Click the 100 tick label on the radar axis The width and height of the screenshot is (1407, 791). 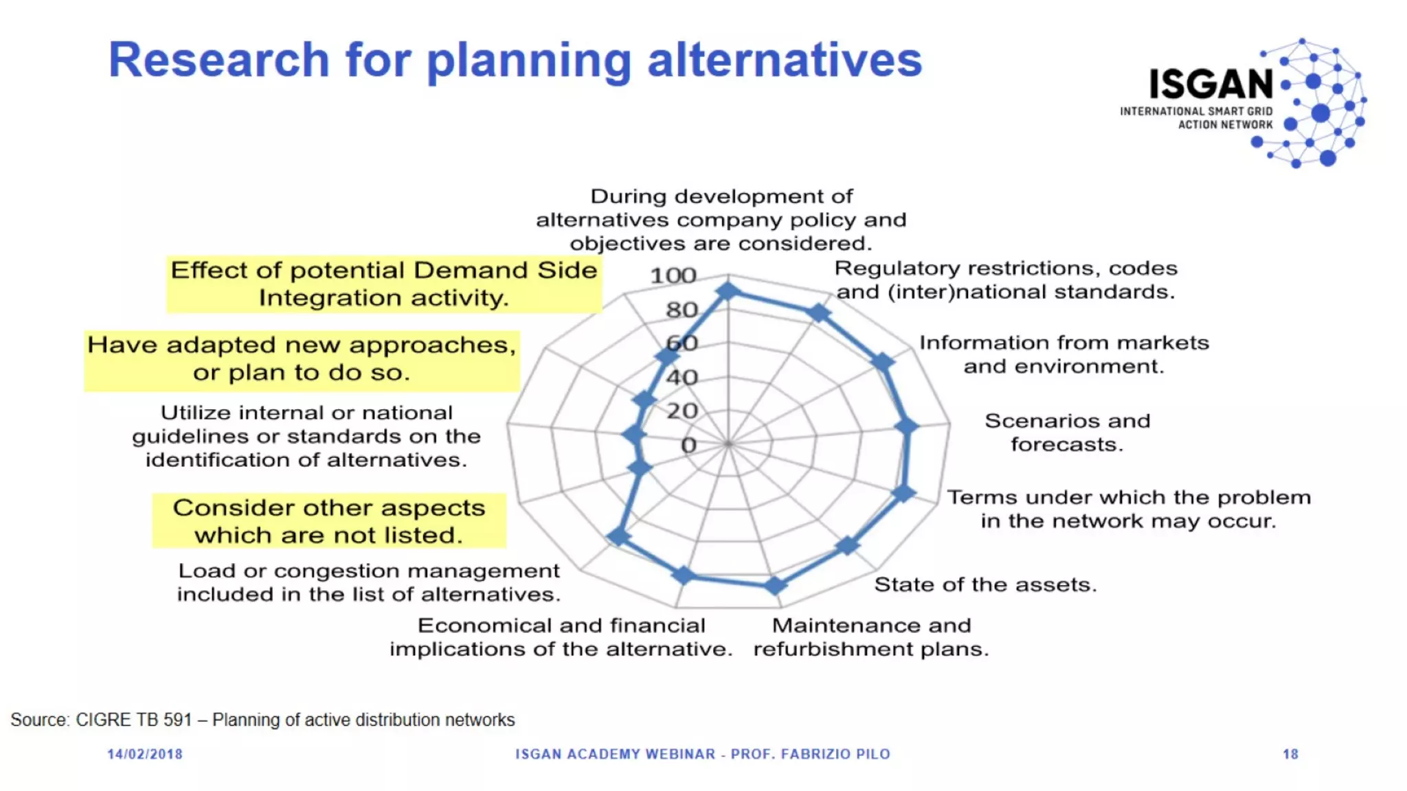(673, 276)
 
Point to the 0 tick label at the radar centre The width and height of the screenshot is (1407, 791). (688, 446)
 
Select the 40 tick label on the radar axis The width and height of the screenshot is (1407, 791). (682, 378)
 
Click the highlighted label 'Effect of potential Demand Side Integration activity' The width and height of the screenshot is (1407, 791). (383, 284)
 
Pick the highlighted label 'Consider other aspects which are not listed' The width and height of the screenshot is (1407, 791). (328, 521)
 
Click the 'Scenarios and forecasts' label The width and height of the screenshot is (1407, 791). (1067, 433)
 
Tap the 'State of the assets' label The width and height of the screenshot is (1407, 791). (985, 585)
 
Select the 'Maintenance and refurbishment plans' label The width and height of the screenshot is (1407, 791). (871, 637)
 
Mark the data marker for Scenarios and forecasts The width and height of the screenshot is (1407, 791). (907, 426)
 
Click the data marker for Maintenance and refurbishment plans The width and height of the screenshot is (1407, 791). (775, 586)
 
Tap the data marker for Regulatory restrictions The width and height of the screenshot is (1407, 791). (819, 313)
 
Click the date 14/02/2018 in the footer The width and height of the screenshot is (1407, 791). (145, 755)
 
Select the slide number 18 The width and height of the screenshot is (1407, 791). (1290, 755)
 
